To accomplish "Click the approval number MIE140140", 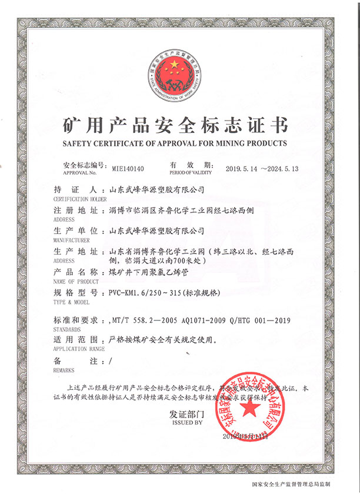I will pos(128,168).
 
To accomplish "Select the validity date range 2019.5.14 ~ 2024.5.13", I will pos(262,168).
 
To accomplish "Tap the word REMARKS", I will pos(64,372).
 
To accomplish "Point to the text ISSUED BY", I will pos(186,422).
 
